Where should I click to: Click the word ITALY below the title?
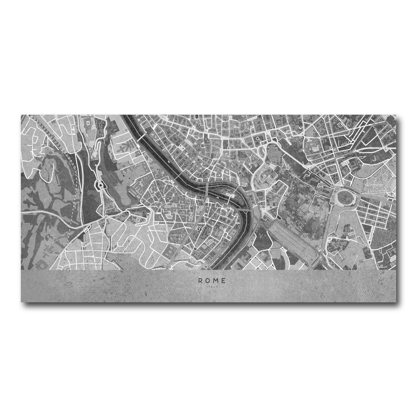(212, 286)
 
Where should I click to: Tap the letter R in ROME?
(200, 280)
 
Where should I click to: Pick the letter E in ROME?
(224, 280)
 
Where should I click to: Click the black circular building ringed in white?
(199, 228)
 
